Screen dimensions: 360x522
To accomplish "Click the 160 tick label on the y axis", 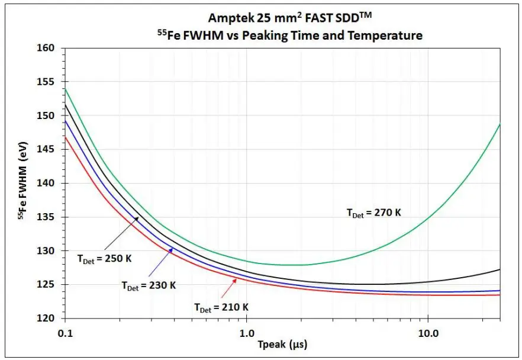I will pos(45,48).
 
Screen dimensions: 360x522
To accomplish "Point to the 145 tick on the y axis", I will pos(45,150).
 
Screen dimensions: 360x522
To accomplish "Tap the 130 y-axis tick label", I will pos(45,251).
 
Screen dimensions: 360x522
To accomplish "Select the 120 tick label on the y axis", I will pos(45,319).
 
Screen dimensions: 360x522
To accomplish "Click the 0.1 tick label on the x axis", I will pos(65,333).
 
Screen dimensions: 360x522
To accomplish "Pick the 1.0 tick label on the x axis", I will pos(246,333).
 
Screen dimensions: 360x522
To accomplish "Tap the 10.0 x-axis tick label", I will pos(427,333).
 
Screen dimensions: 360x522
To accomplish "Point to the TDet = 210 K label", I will pos(221,307).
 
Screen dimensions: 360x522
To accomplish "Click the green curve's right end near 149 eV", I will pos(500,125).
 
